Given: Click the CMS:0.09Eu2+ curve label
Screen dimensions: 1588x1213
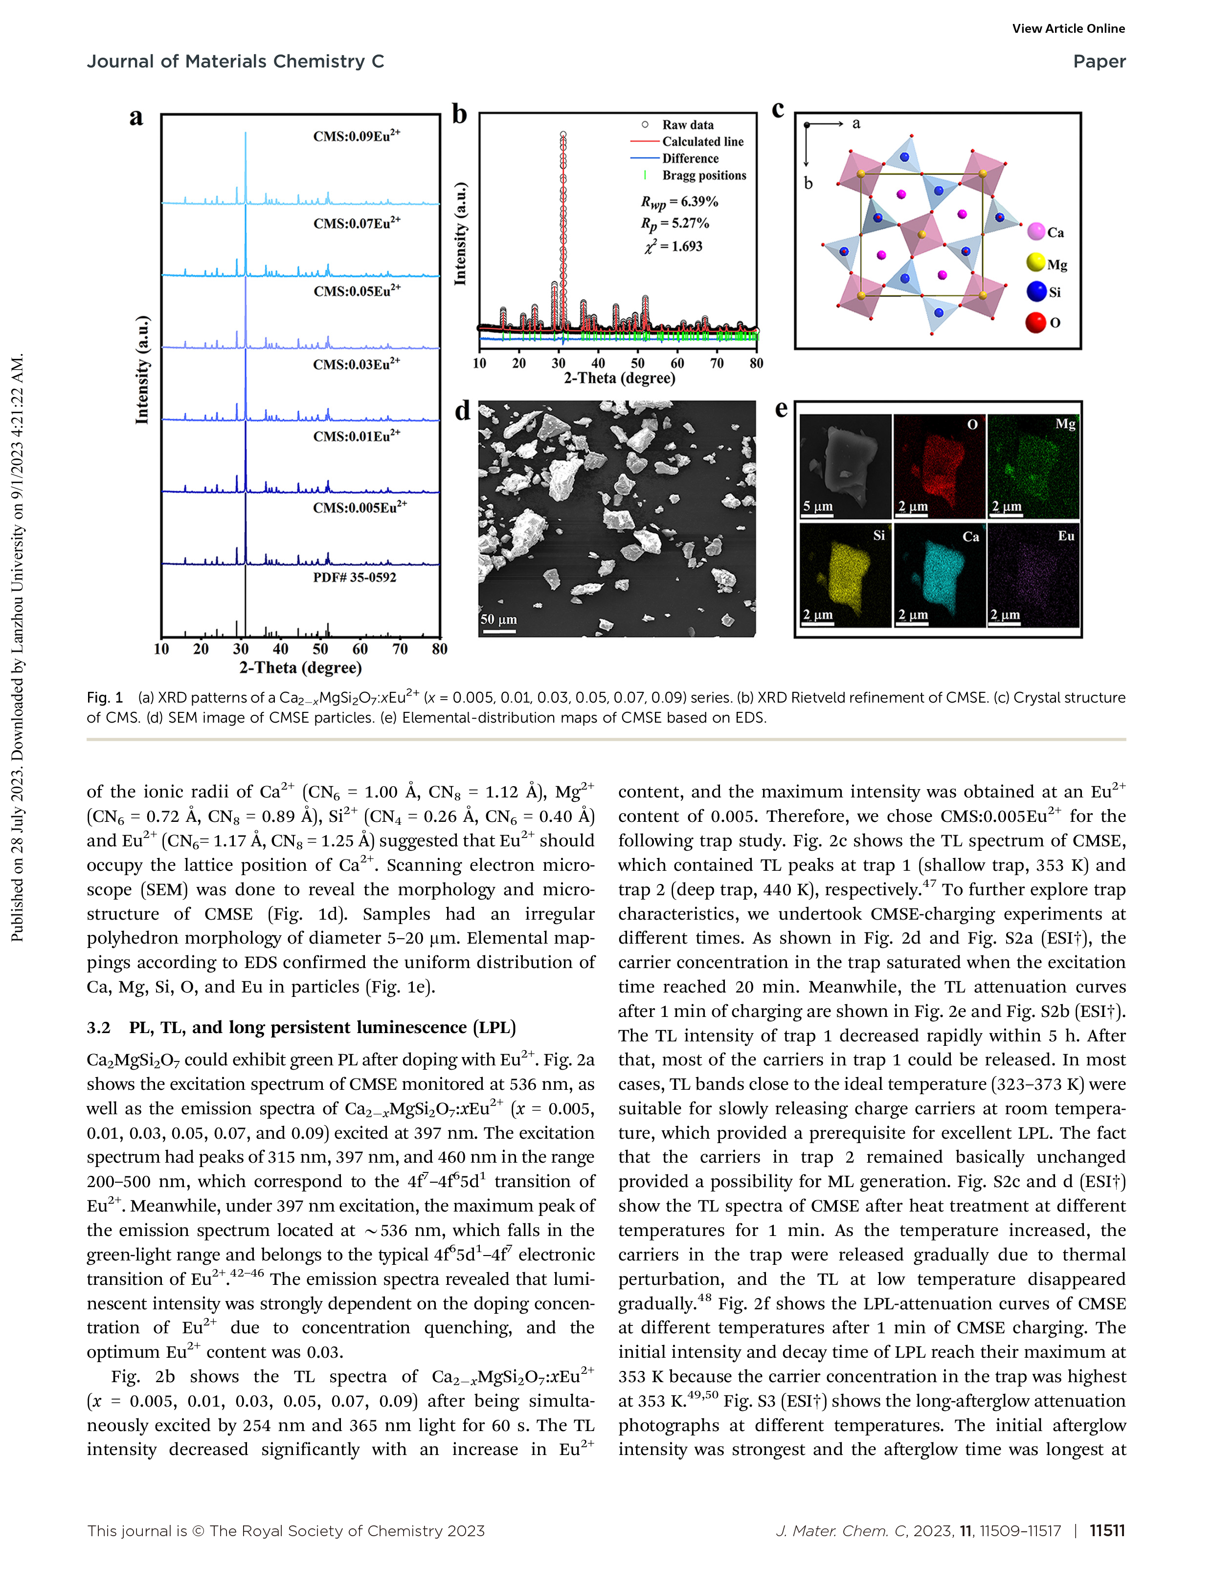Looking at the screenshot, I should pos(356,136).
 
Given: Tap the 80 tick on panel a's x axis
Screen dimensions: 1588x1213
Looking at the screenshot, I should pos(439,649).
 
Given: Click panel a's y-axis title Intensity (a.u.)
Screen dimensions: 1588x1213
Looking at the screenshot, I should pos(142,370).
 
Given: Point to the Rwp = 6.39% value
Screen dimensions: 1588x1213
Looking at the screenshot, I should pos(679,202).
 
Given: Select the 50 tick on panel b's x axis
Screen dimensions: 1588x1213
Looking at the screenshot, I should pos(637,363).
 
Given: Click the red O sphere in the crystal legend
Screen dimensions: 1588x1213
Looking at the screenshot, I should pos(1035,322).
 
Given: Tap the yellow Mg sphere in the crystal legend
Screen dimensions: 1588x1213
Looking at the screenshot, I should pos(1035,262).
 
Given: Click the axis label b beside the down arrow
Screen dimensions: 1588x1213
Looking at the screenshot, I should pos(808,183).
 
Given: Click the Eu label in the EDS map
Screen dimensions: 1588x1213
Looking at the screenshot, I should pos(1066,535).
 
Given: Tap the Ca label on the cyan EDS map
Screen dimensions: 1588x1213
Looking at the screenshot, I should pos(970,536).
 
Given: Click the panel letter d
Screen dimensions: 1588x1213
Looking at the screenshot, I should pos(462,410).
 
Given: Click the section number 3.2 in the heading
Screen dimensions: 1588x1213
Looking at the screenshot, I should pos(99,1027).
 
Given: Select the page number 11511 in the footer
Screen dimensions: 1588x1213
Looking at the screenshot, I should pos(1107,1530).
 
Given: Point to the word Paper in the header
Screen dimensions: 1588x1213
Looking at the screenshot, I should pos(1099,61).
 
